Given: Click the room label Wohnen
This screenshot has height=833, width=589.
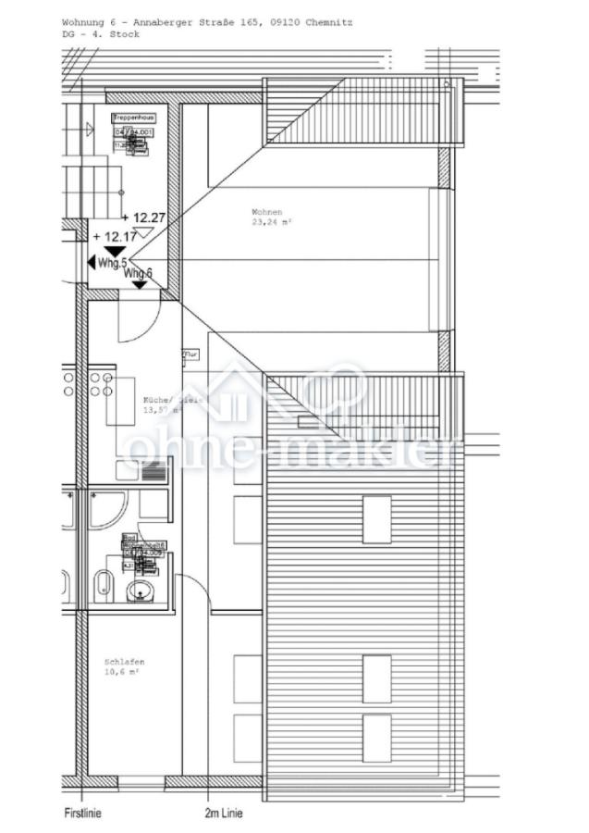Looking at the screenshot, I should (x=267, y=212).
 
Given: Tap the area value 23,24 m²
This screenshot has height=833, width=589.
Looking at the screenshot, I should (x=271, y=222).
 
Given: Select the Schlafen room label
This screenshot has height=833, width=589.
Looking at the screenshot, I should (x=124, y=663).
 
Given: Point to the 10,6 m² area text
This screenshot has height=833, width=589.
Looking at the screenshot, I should (x=122, y=673).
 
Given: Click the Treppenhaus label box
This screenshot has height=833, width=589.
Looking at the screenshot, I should (x=133, y=118).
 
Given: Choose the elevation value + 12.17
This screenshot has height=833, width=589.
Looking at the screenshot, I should (x=115, y=236).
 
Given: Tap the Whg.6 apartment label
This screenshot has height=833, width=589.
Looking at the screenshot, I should (x=139, y=273).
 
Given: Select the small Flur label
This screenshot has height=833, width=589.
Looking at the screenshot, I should (x=191, y=354).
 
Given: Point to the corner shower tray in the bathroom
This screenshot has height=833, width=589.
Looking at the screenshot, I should (x=107, y=508).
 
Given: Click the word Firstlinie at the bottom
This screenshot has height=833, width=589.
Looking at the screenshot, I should (x=82, y=814).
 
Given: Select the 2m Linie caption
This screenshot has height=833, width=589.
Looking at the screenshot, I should (x=224, y=814).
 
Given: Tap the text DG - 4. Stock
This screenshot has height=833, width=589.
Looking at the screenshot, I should (x=101, y=33).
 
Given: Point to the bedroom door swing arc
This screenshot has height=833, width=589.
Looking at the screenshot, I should (x=193, y=592).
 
